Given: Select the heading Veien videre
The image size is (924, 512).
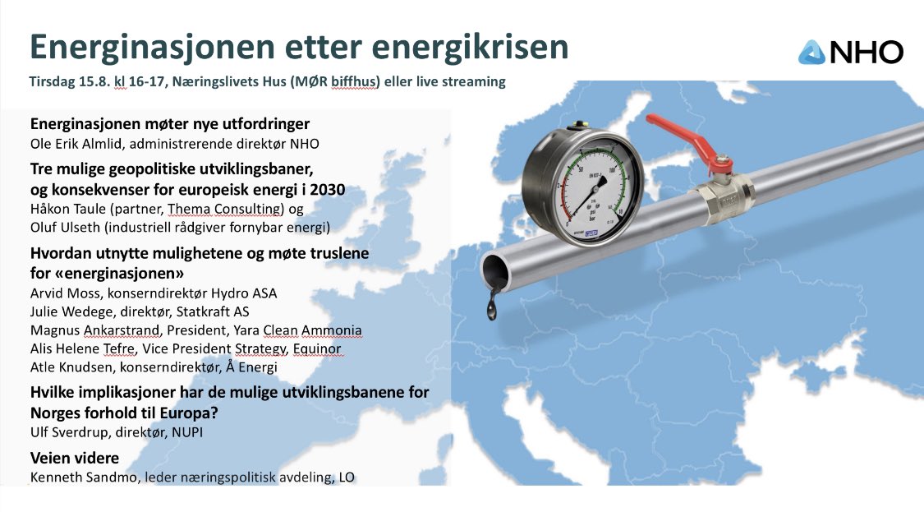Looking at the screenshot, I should pos(75,458).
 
